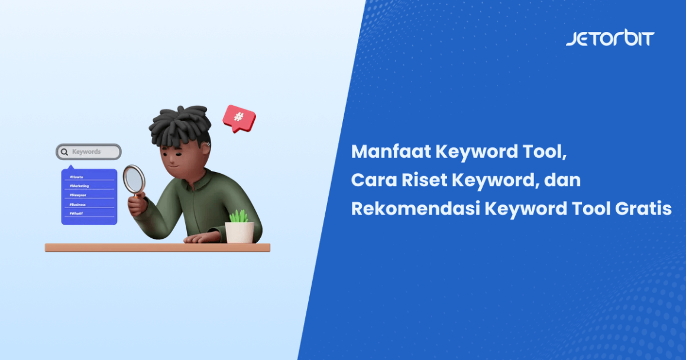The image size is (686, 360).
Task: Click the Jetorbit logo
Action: pos(610,38)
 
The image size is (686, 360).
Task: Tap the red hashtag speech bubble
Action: pos(238,117)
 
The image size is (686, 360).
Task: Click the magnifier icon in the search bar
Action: pos(64,152)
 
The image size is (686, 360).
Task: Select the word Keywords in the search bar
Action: pos(86,152)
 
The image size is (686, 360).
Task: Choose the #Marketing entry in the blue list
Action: pos(79,186)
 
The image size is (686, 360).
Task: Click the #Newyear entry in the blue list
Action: pos(78,195)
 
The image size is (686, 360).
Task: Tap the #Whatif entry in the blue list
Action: pos(77,213)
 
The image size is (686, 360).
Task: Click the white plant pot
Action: pos(240,232)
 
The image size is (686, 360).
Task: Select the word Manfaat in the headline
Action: pos(391,152)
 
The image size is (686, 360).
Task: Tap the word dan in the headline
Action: pos(563,180)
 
